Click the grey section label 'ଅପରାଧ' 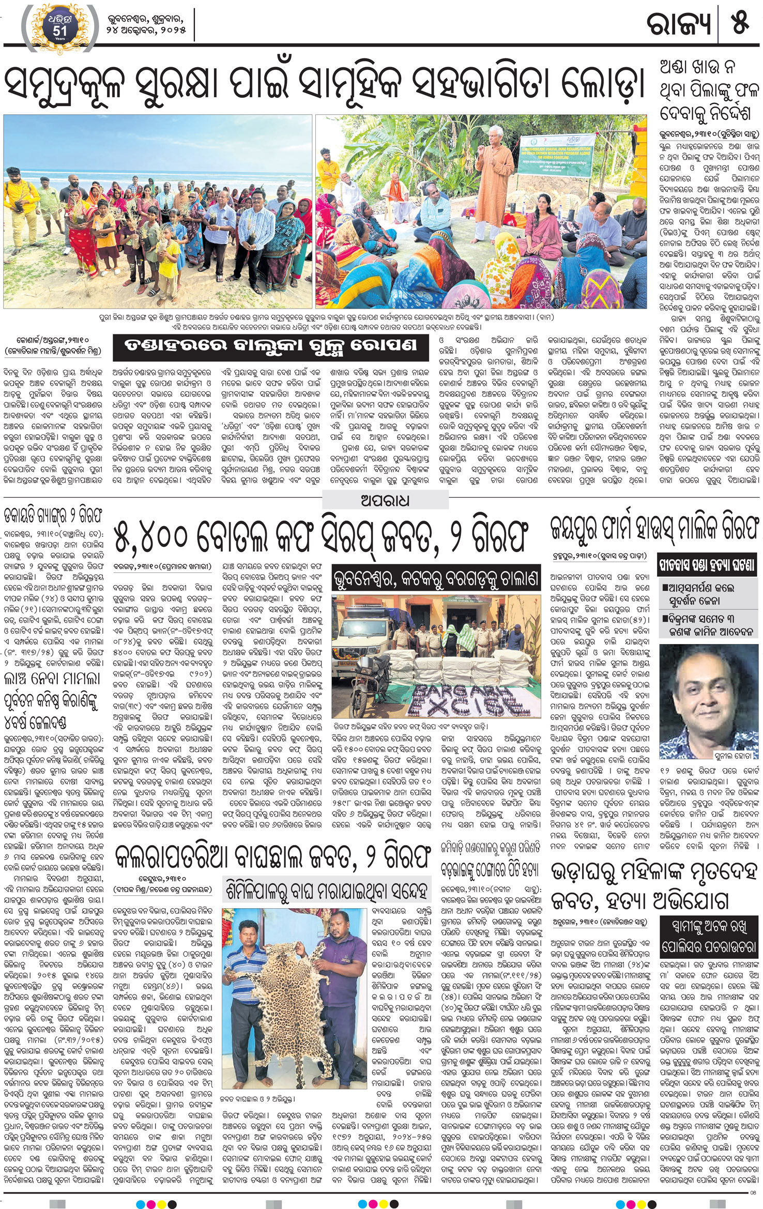click(x=385, y=500)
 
